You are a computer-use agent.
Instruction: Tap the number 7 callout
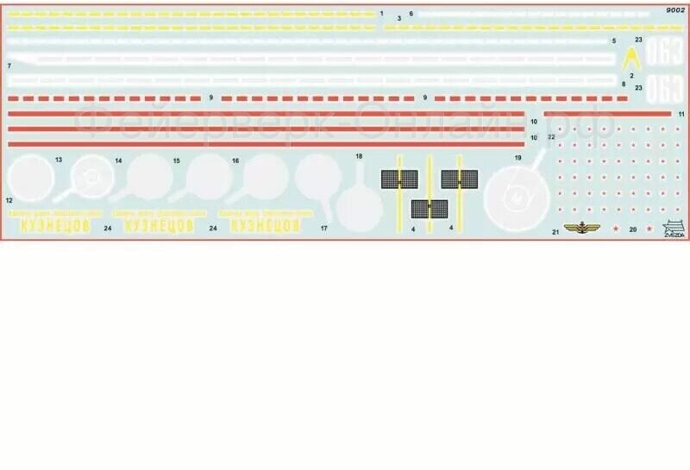(x=8, y=66)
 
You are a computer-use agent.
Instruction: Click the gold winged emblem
(x=588, y=229)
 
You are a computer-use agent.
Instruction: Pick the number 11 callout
(x=681, y=114)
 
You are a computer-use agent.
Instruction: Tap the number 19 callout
(x=517, y=158)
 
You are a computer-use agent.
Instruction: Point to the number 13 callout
(x=59, y=160)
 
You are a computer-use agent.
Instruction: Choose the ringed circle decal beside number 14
(x=91, y=179)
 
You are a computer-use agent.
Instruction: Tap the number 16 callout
(x=235, y=160)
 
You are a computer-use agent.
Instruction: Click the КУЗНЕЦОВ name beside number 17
(x=266, y=224)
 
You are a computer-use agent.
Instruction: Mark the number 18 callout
(x=359, y=156)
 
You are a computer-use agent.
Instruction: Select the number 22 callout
(x=550, y=136)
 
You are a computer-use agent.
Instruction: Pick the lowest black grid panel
(x=429, y=209)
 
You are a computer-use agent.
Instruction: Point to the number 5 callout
(x=613, y=41)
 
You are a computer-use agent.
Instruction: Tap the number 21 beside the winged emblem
(x=555, y=232)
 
